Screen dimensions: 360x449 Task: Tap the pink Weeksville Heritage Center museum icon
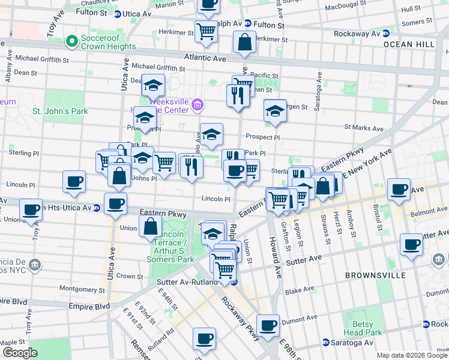coord(197,107)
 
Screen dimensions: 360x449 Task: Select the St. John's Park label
coord(60,111)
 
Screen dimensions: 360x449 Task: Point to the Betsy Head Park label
coord(363,328)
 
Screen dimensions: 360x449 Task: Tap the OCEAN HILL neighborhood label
coord(406,44)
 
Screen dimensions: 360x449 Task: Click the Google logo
coord(20,353)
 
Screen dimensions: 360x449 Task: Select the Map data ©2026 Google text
coord(412,355)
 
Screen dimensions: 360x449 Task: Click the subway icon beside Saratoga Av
coord(326,343)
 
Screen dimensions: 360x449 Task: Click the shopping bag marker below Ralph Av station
coord(244,42)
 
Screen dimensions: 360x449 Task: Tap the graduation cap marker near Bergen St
coord(275,111)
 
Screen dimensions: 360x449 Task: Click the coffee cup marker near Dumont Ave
coord(268,325)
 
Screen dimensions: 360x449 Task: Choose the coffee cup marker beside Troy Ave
coord(31,209)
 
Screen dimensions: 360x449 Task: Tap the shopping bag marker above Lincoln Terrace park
coord(150,226)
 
